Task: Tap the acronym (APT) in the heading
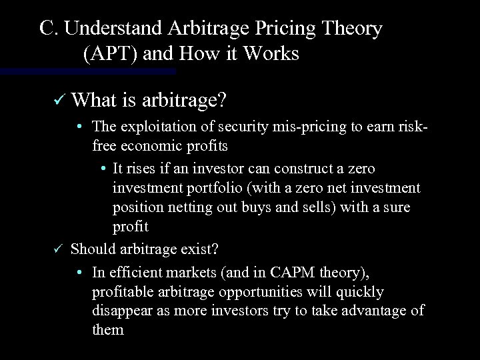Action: point(107,53)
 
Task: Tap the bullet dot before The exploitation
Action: point(79,127)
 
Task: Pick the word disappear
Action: point(121,311)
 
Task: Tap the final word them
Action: point(108,330)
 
